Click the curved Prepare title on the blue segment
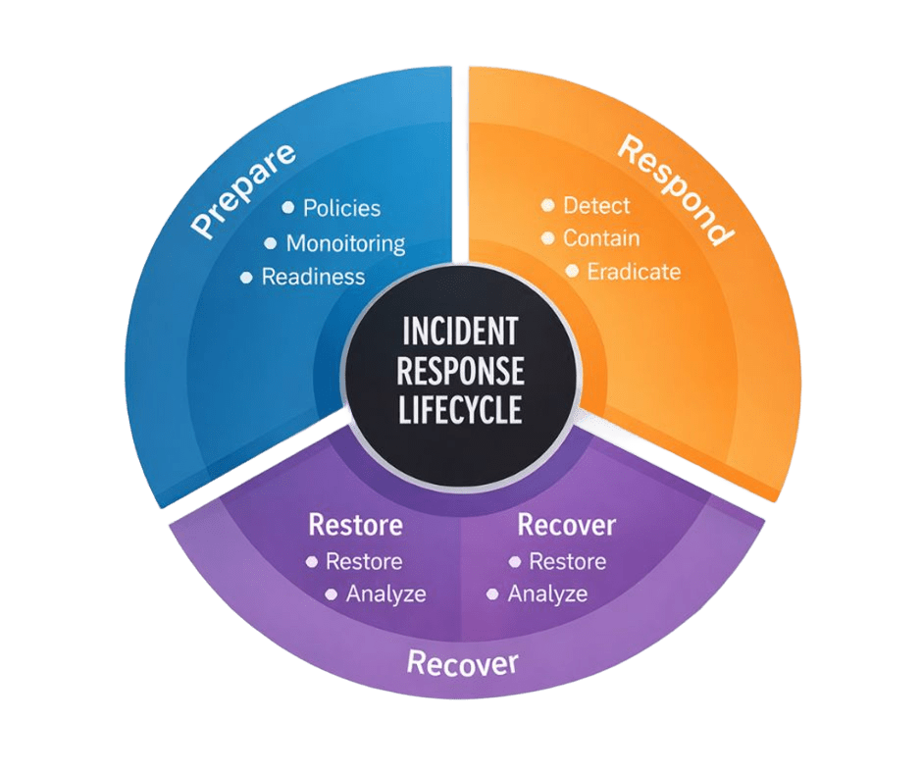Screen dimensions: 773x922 click(243, 191)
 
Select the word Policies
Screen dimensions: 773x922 click(341, 208)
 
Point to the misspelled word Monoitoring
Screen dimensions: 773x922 click(345, 243)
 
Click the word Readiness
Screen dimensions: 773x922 click(313, 277)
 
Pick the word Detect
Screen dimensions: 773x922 click(596, 206)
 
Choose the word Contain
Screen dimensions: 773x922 click(601, 238)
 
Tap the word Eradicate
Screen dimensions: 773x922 click(633, 272)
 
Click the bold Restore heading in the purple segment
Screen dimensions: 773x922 click(355, 525)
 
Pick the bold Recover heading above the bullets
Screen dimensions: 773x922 click(566, 525)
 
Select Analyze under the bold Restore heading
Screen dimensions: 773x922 click(385, 593)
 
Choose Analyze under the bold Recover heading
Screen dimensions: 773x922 click(547, 593)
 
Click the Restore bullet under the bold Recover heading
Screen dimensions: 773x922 click(567, 562)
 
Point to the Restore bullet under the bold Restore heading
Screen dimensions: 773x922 click(364, 562)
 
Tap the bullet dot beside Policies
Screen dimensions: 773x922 click(288, 207)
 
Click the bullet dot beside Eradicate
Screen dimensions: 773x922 click(573, 271)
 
